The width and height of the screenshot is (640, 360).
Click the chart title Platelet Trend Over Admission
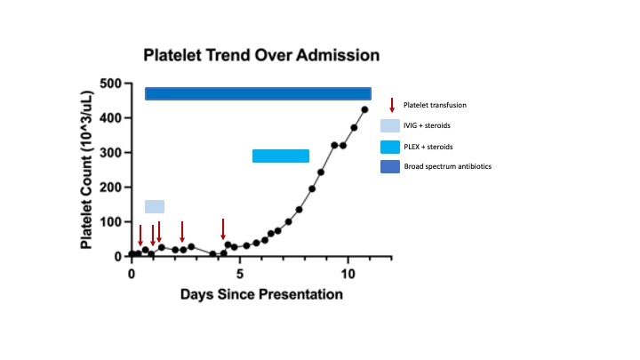point(262,55)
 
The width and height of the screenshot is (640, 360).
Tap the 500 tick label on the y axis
point(110,84)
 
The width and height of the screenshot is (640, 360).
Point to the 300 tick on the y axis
point(110,153)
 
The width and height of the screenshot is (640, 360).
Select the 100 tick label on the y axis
point(110,222)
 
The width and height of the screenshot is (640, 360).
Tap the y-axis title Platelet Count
point(90,170)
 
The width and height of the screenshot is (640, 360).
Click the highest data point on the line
point(364,110)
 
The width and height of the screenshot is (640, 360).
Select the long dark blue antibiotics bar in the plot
point(258,93)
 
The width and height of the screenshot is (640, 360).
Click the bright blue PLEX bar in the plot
point(281,156)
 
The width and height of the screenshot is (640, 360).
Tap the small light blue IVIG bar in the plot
point(155,206)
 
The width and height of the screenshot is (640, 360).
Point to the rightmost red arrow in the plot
point(223,228)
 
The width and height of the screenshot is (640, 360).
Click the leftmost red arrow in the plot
point(140,236)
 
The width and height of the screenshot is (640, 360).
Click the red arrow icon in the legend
point(392,105)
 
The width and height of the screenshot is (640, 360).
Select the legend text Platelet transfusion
point(435,105)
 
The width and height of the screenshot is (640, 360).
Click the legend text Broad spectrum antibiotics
point(447,166)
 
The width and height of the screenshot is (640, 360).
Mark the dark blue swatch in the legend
point(390,166)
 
